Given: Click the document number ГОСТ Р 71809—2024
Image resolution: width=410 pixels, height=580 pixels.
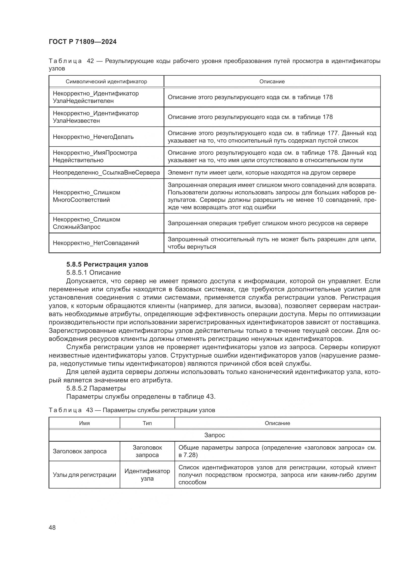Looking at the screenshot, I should coord(83,42).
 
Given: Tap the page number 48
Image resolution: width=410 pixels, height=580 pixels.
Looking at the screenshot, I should coord(52,527).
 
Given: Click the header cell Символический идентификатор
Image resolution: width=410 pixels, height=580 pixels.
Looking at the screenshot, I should coord(106,82).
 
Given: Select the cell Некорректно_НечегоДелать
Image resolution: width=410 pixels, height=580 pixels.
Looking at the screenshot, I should coord(93,137).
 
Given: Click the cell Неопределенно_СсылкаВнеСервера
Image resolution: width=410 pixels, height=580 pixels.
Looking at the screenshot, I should coord(106,173).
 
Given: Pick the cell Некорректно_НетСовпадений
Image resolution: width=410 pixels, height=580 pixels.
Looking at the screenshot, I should coord(96,243).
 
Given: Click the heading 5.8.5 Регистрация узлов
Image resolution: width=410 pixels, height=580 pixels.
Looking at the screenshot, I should coord(107,265).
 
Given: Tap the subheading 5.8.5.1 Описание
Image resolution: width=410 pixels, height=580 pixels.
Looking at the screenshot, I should coord(93,273).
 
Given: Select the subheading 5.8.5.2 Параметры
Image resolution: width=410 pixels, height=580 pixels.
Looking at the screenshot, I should coord(96,388).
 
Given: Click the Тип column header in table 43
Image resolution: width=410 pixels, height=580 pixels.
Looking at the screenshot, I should coord(147,423).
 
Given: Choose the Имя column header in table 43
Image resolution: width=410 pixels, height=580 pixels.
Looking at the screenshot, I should coord(84,423).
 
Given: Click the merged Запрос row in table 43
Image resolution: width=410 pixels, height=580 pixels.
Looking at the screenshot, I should coord(214,435).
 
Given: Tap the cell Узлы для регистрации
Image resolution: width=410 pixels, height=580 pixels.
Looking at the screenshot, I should coord(84,475).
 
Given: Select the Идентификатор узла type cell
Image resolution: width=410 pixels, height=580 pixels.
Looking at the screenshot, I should coord(147,475).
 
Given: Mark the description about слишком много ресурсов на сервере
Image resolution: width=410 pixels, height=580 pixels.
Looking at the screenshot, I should coord(268,223).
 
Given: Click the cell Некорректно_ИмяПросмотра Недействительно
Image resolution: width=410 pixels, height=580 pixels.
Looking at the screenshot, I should coord(95,156).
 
